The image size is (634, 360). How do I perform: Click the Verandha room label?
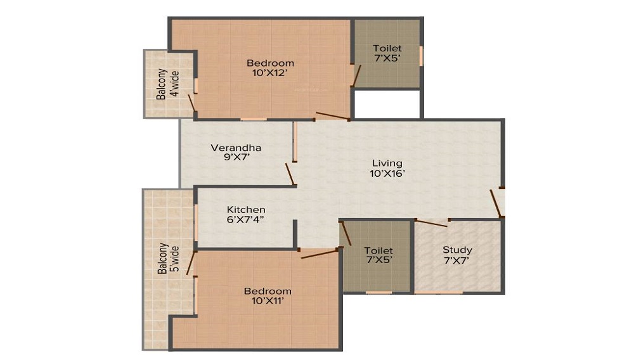tap(236, 148)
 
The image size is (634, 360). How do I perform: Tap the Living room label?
tap(387, 163)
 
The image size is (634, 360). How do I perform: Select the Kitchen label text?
tap(246, 209)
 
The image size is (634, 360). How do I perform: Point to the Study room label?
tap(457, 250)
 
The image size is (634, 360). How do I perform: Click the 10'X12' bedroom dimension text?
tap(270, 73)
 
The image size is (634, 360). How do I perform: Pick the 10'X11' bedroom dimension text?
tap(268, 301)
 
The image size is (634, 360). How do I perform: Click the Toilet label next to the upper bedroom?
tap(387, 48)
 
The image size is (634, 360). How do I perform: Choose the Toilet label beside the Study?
tap(378, 251)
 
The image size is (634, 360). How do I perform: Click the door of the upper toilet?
tap(357, 75)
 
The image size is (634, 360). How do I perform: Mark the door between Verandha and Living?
tap(290, 174)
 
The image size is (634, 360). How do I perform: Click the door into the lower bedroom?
tap(320, 254)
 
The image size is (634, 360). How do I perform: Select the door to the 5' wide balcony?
tap(190, 263)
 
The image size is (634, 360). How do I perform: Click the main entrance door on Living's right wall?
tap(496, 203)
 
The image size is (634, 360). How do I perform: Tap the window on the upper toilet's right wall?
tap(421, 55)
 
